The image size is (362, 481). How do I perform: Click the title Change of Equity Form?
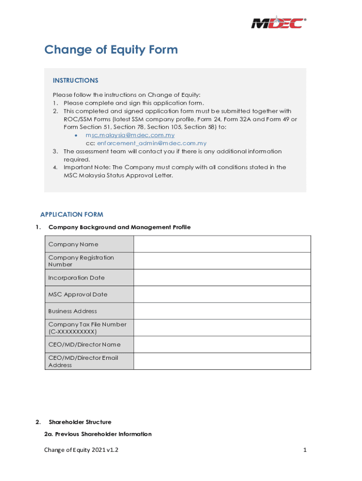pos(111,50)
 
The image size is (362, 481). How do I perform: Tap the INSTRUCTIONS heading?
pos(75,80)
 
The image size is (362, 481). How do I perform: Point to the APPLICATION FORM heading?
pos(71,215)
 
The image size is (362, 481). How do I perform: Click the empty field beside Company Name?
pos(222,244)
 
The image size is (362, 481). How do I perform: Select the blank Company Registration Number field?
pos(222,261)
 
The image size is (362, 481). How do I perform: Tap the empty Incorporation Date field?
pos(222,278)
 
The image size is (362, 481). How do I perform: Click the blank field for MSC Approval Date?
pos(222,295)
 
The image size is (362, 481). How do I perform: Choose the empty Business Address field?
pos(222,311)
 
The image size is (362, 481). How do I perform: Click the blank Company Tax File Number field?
pos(222,328)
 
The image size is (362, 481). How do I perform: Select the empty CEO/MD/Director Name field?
pos(222,344)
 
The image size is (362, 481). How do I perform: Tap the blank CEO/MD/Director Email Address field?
pos(222,361)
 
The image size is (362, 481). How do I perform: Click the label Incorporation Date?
pos(76,278)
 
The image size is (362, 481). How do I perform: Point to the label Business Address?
pos(72,311)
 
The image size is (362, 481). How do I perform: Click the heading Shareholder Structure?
pos(80,422)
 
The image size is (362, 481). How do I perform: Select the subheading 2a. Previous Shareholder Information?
pos(98,434)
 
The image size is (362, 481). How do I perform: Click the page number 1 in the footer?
pos(305,450)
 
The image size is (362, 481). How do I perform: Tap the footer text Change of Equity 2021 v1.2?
pos(81,450)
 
